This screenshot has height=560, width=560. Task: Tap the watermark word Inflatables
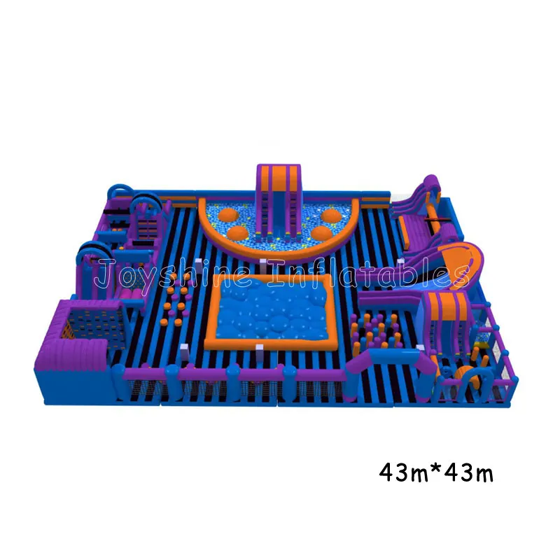coord(368,274)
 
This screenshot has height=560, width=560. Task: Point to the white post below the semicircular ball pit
coord(263,265)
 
